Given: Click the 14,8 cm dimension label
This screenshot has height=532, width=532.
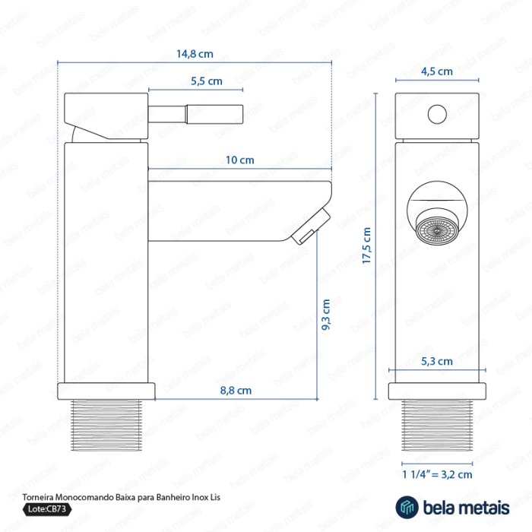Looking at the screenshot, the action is click(195, 54).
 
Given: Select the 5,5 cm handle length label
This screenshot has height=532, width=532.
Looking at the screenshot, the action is click(207, 81).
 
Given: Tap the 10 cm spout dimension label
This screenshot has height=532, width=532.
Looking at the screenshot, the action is click(240, 160).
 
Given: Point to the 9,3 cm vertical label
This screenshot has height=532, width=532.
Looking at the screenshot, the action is click(326, 314).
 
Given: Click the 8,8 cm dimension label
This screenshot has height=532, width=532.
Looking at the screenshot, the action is click(236, 390).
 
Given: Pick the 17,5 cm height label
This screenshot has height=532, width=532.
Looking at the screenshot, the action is click(366, 245).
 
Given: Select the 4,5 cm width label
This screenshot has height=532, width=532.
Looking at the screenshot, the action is click(437, 71).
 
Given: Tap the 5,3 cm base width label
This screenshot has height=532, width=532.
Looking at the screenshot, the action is click(437, 361).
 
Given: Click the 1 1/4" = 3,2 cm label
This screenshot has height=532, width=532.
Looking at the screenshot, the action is click(437, 474).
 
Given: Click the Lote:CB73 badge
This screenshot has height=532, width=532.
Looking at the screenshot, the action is click(47, 509).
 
